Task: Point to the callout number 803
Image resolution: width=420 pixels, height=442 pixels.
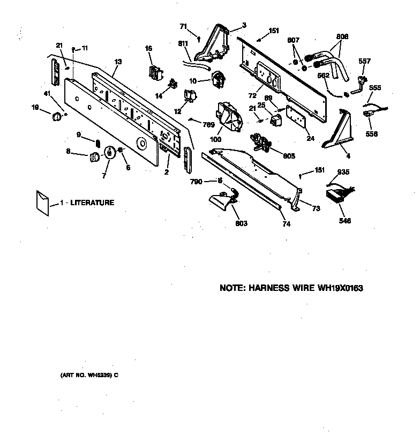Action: pyautogui.click(x=241, y=223)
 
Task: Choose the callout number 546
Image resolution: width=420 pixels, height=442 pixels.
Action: pyautogui.click(x=345, y=221)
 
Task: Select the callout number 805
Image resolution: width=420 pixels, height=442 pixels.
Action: pyautogui.click(x=289, y=156)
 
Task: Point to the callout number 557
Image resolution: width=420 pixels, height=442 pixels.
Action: pyautogui.click(x=364, y=62)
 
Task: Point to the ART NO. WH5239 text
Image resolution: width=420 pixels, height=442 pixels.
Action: pyautogui.click(x=88, y=375)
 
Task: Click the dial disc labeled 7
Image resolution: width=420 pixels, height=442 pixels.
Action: pyautogui.click(x=110, y=153)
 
